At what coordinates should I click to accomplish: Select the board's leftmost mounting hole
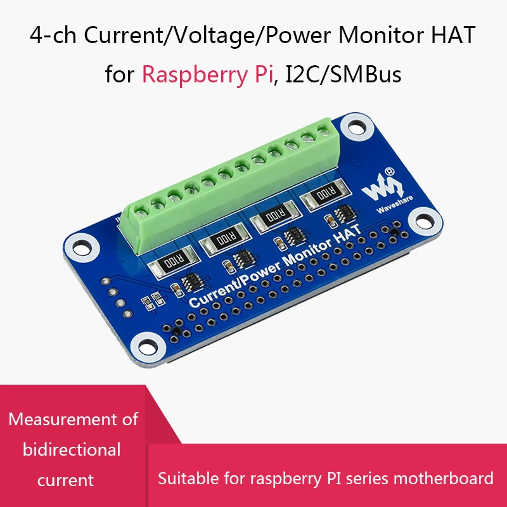[79, 247]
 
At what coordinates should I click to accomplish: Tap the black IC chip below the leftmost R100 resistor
[190, 283]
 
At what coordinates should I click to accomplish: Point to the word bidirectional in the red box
[72, 450]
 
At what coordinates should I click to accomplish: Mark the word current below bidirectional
[66, 480]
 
